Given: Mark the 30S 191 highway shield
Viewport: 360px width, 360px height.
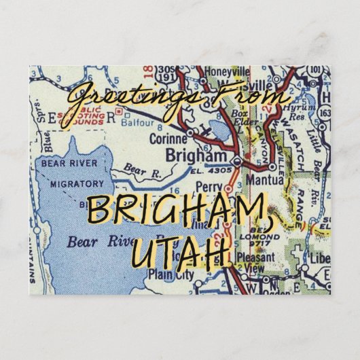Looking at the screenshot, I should (165, 74).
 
